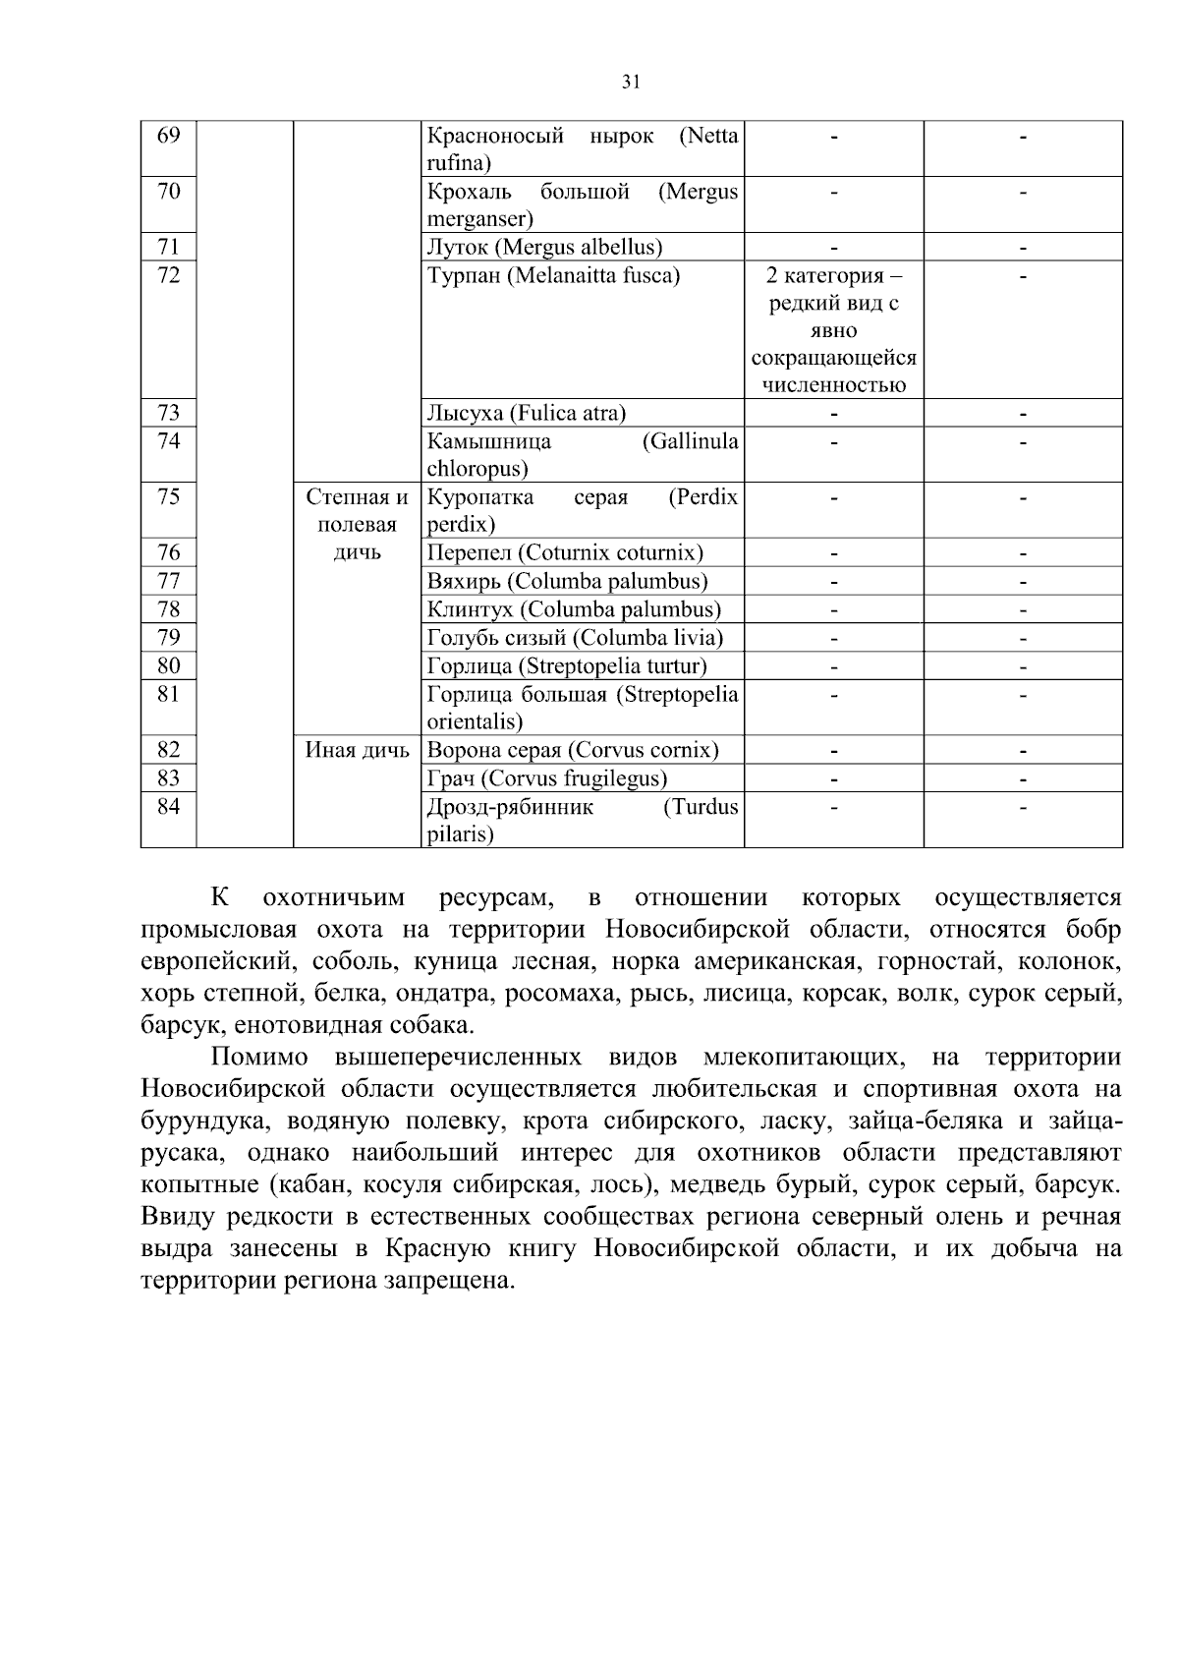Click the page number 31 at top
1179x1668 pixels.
click(x=631, y=83)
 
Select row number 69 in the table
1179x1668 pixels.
click(x=169, y=136)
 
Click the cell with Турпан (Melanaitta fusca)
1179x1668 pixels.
click(x=553, y=276)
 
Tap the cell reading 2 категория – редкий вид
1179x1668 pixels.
click(x=833, y=329)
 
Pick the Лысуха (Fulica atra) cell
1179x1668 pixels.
click(x=526, y=413)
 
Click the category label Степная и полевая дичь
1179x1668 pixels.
click(x=357, y=525)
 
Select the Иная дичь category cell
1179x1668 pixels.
click(x=357, y=751)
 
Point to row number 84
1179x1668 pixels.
click(x=169, y=807)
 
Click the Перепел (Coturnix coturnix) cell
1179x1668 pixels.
click(x=565, y=553)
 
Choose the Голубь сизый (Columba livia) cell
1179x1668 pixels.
click(x=575, y=638)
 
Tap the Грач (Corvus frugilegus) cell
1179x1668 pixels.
click(x=546, y=778)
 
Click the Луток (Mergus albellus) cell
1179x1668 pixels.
click(x=544, y=248)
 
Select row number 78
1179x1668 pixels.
click(x=169, y=609)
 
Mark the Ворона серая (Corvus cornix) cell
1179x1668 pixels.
click(x=573, y=751)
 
